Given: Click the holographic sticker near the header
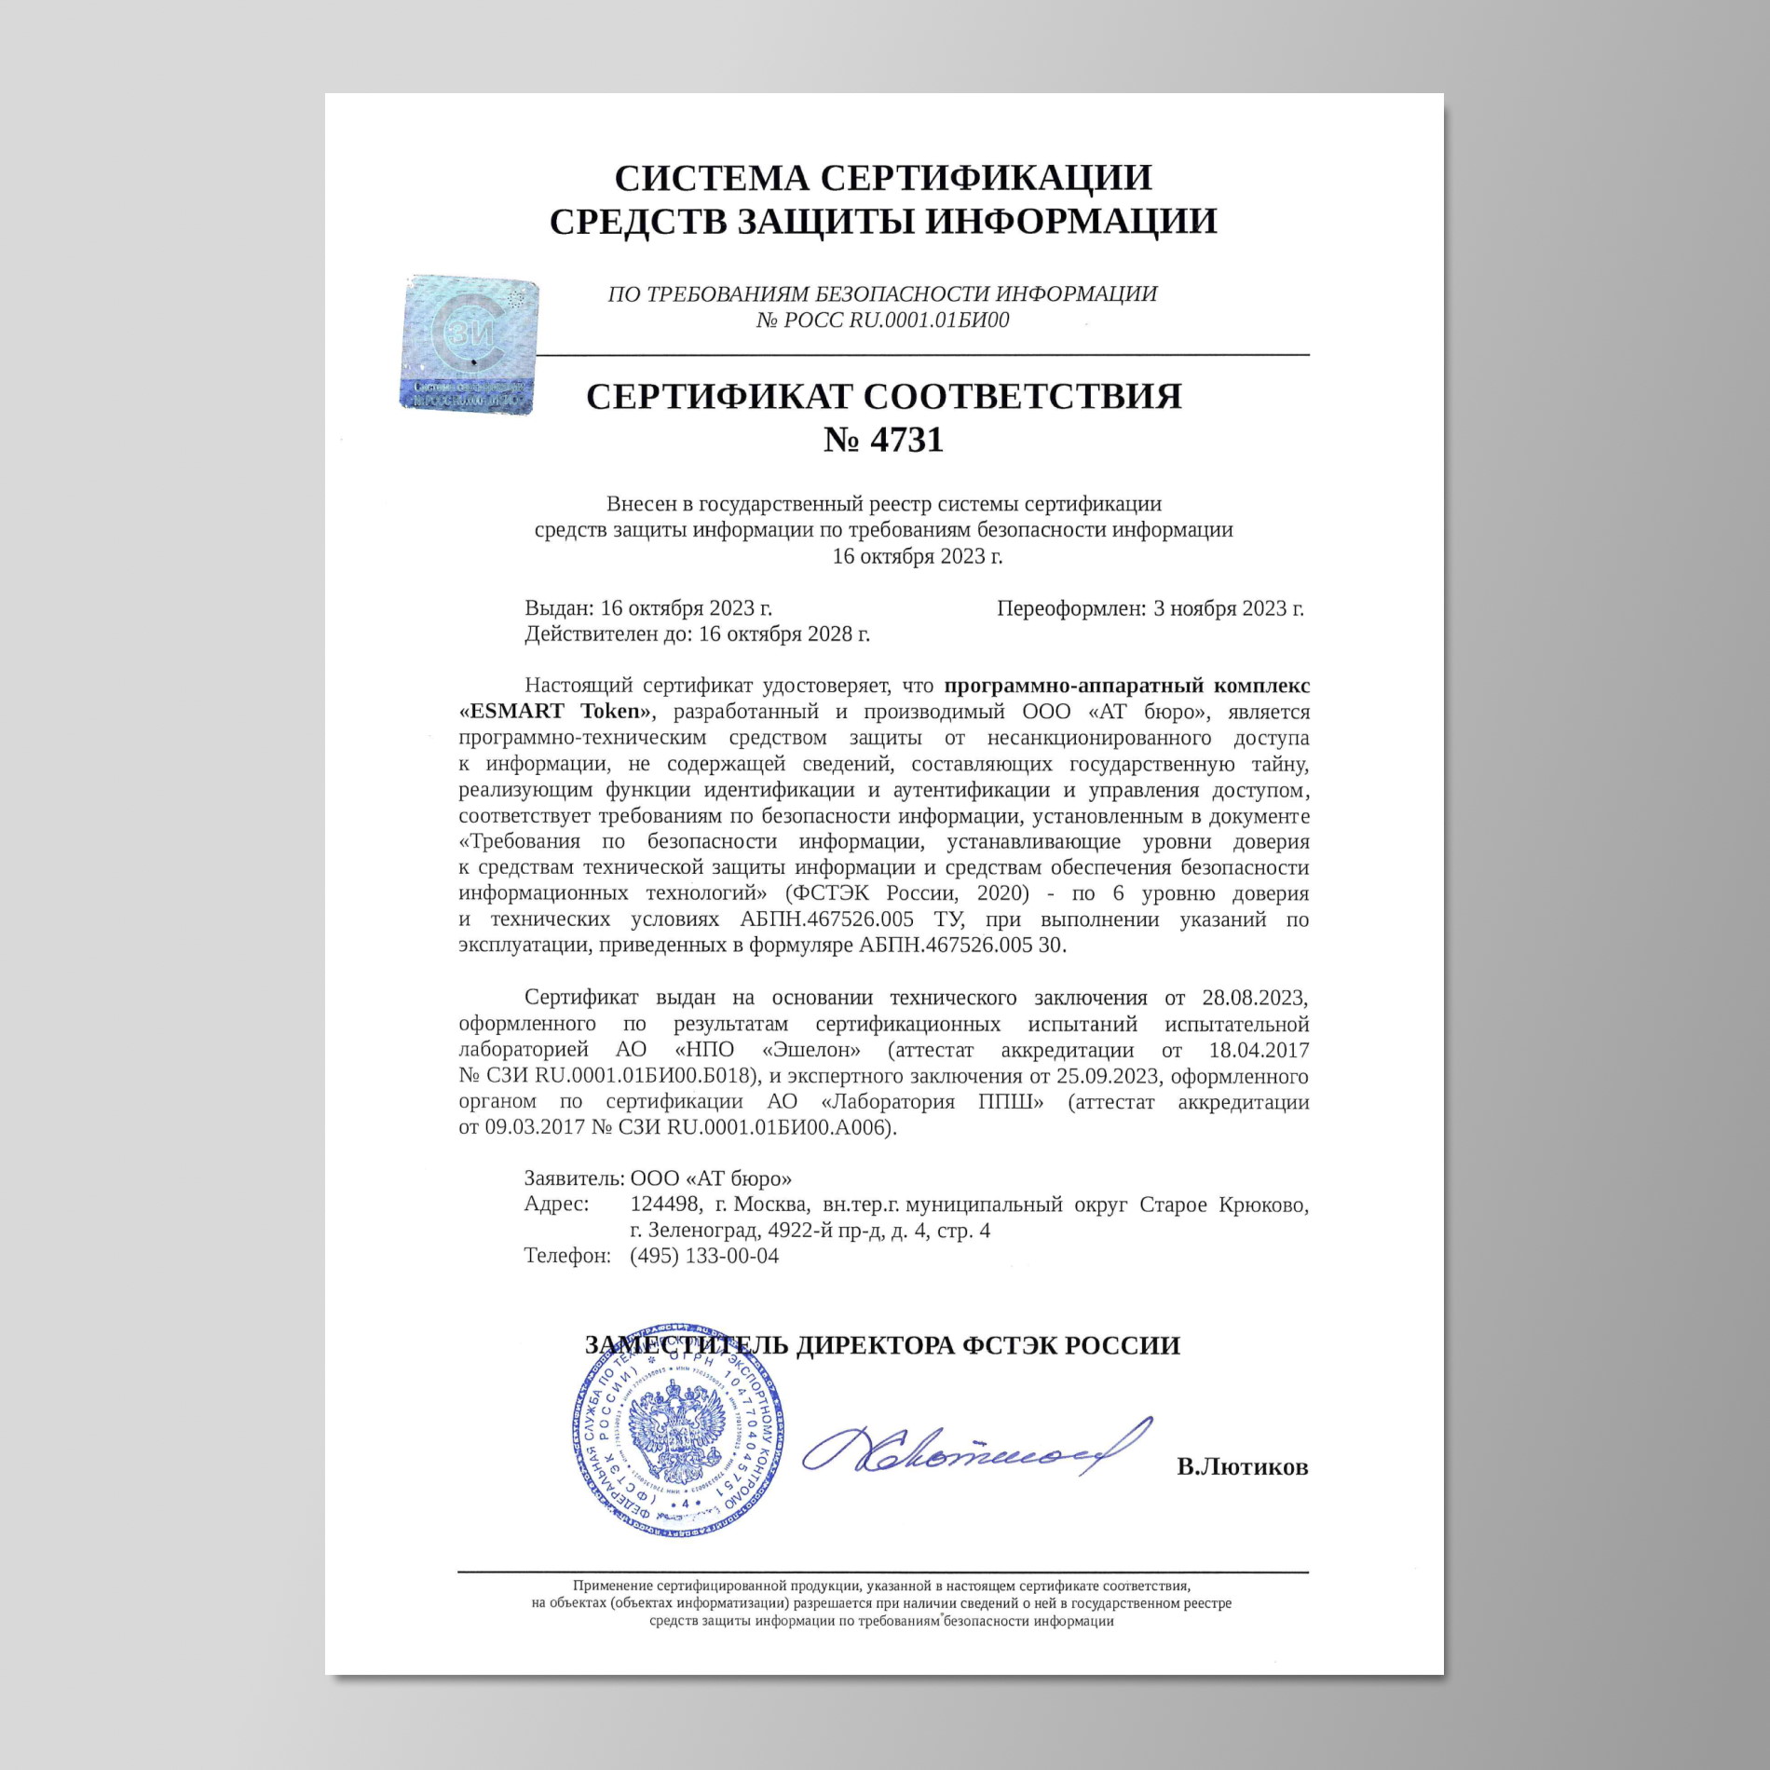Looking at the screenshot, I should click(470, 344).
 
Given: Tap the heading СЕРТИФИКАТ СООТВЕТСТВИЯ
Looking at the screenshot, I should click(883, 396).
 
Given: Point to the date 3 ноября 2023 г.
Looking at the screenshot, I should click(1228, 608).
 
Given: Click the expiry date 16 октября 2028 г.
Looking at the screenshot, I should click(783, 634).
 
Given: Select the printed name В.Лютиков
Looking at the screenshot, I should click(1242, 1467).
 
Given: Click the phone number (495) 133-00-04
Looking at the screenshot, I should click(704, 1256).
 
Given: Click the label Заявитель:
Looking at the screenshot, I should click(574, 1178).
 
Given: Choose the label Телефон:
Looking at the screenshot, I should click(567, 1256).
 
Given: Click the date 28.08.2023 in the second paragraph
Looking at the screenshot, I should click(1254, 998).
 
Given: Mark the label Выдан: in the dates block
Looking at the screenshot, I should click(559, 608).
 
